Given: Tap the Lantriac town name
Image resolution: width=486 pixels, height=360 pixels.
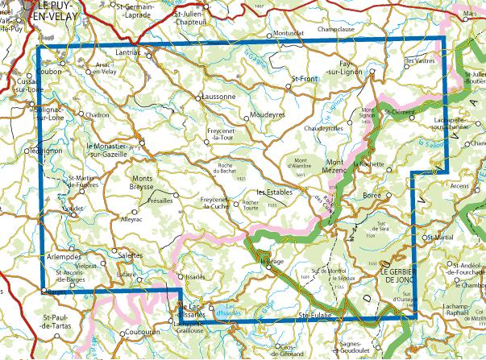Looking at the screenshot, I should [128, 53].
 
